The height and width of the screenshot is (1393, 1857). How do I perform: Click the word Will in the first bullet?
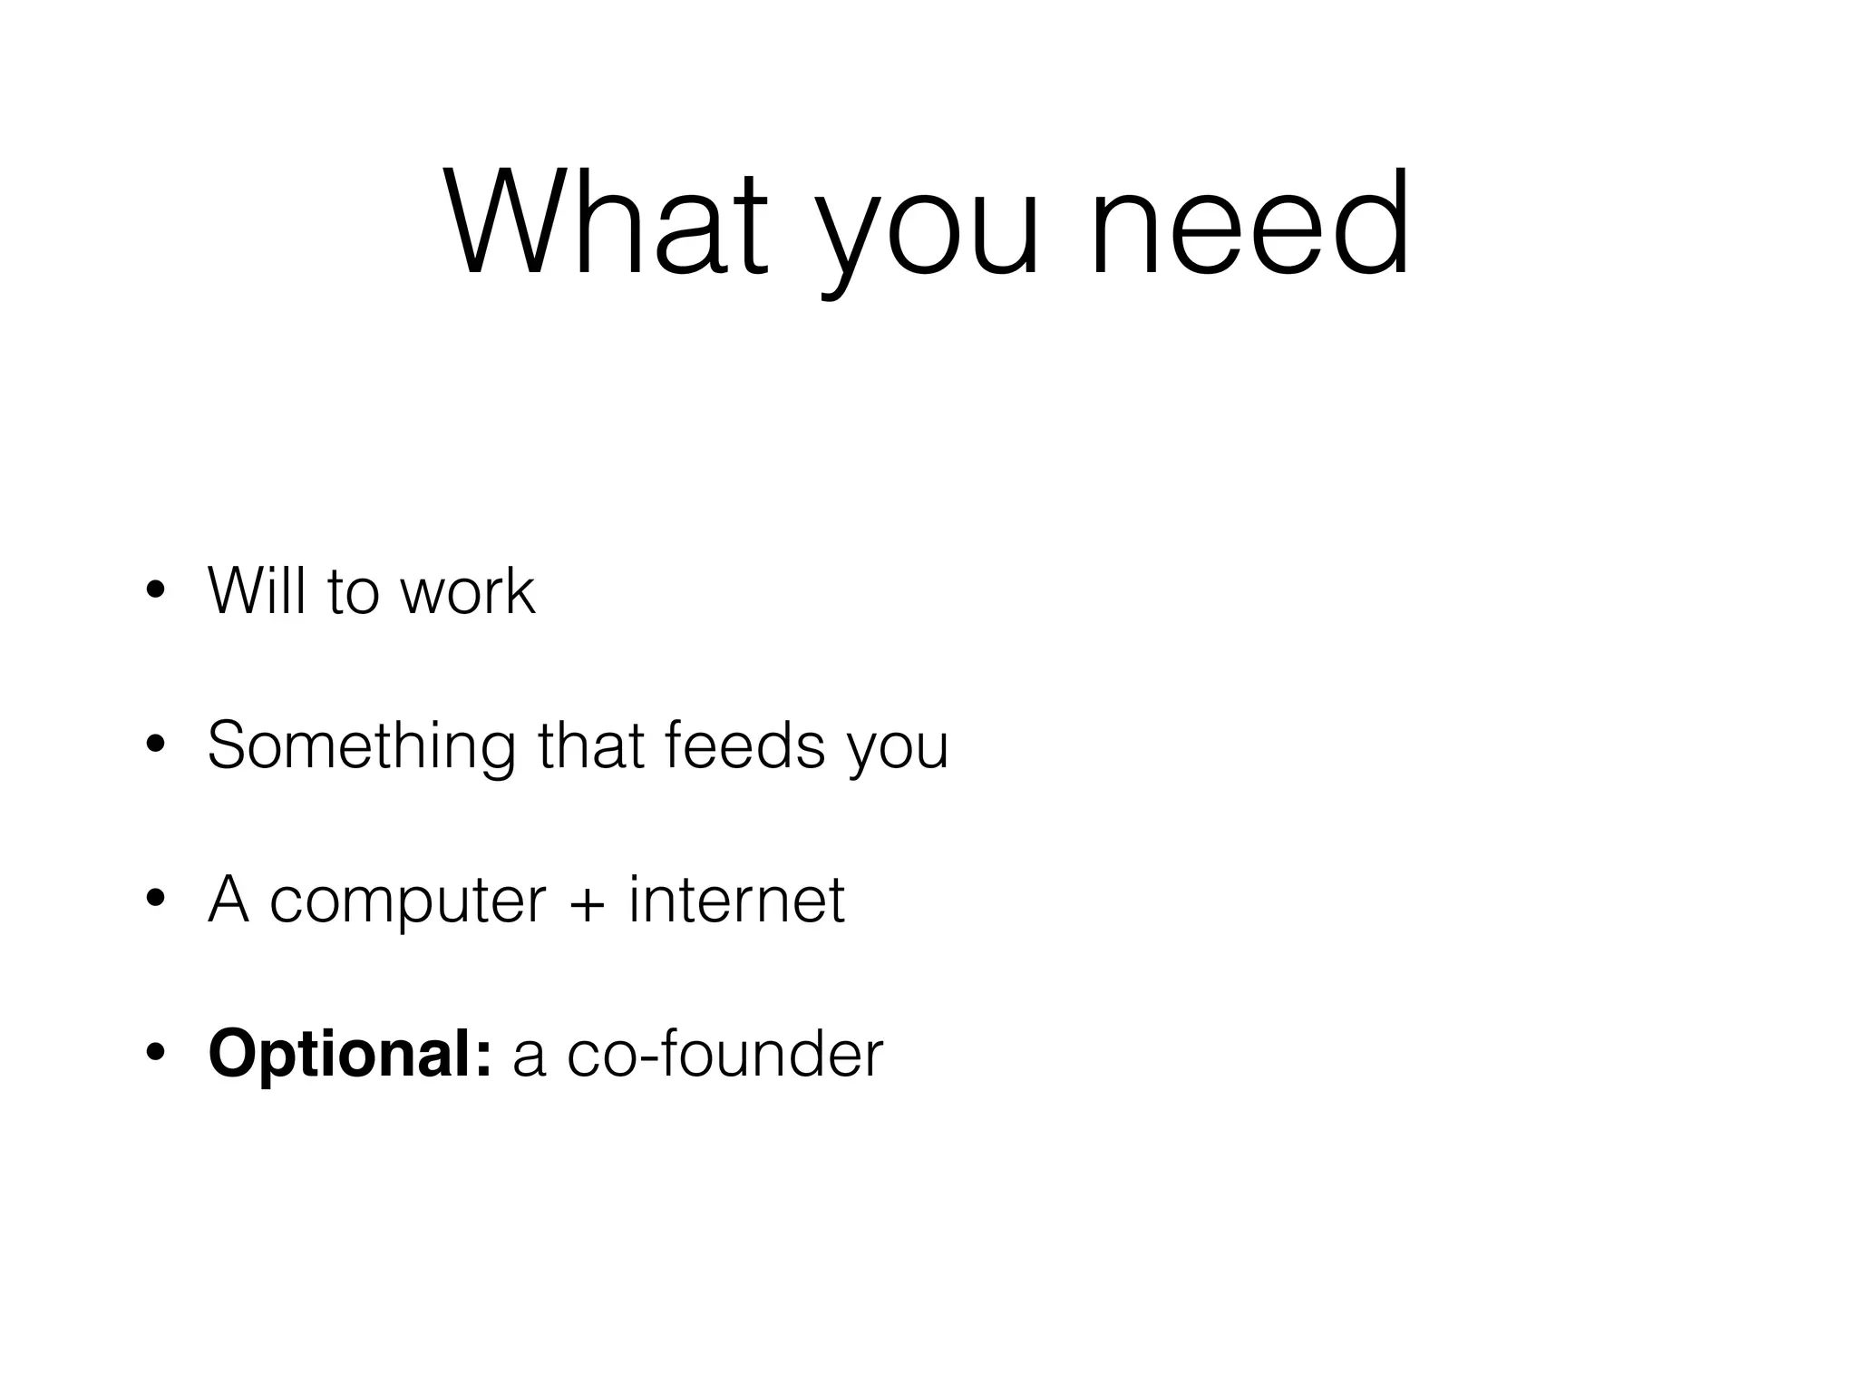(257, 591)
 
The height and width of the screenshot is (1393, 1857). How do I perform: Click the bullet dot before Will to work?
(155, 591)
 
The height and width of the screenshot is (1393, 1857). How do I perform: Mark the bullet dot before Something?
(155, 745)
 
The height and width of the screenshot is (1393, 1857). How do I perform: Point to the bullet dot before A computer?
(155, 900)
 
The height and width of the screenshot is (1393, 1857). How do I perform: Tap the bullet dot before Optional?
(155, 1054)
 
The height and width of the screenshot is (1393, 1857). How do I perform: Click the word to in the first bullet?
(353, 593)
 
